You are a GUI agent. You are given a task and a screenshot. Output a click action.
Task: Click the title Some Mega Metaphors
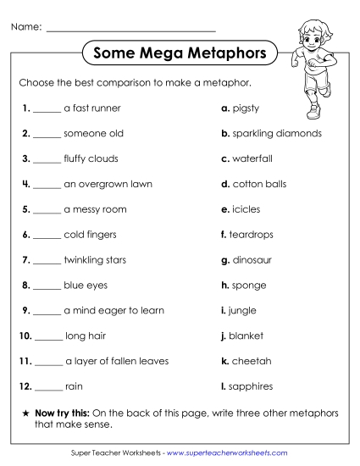pos(180,53)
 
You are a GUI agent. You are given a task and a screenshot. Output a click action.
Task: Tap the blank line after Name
pos(131,29)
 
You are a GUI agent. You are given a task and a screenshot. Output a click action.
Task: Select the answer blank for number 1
pos(47,110)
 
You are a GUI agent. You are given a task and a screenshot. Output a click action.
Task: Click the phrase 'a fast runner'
pos(91,108)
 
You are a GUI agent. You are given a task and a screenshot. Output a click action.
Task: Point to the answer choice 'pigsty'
pos(246,108)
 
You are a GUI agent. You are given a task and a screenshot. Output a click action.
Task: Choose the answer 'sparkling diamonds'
pos(277,133)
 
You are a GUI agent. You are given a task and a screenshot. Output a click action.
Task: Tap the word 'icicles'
pos(246,209)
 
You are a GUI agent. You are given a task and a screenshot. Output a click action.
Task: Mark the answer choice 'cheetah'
pos(252,361)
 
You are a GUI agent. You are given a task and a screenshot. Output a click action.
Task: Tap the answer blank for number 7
pos(47,263)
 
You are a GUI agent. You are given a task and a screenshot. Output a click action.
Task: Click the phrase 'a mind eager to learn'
pos(114,310)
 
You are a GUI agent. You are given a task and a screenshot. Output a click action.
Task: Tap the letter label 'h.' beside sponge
pos(224,286)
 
